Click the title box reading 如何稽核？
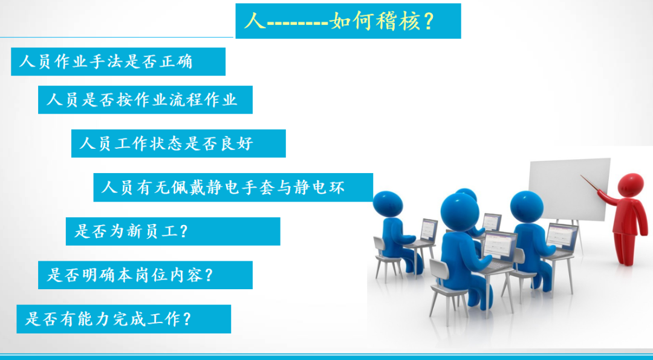pyautogui.click(x=348, y=21)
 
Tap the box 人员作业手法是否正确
pyautogui.click(x=119, y=62)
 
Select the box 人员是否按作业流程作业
pyautogui.click(x=145, y=100)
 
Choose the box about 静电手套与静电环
pyautogui.click(x=233, y=188)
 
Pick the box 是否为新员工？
pyautogui.click(x=173, y=231)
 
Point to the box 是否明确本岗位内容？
pyautogui.click(x=145, y=275)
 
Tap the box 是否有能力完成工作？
pyautogui.click(x=124, y=319)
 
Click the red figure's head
pyautogui.click(x=631, y=185)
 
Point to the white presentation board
pyautogui.click(x=570, y=189)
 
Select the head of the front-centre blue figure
pyautogui.click(x=460, y=212)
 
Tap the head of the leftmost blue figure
pyautogui.click(x=388, y=204)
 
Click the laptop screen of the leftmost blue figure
pyautogui.click(x=429, y=229)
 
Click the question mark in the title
pyautogui.click(x=429, y=21)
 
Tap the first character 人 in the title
pyautogui.click(x=255, y=21)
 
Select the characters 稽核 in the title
pyautogui.click(x=398, y=21)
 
